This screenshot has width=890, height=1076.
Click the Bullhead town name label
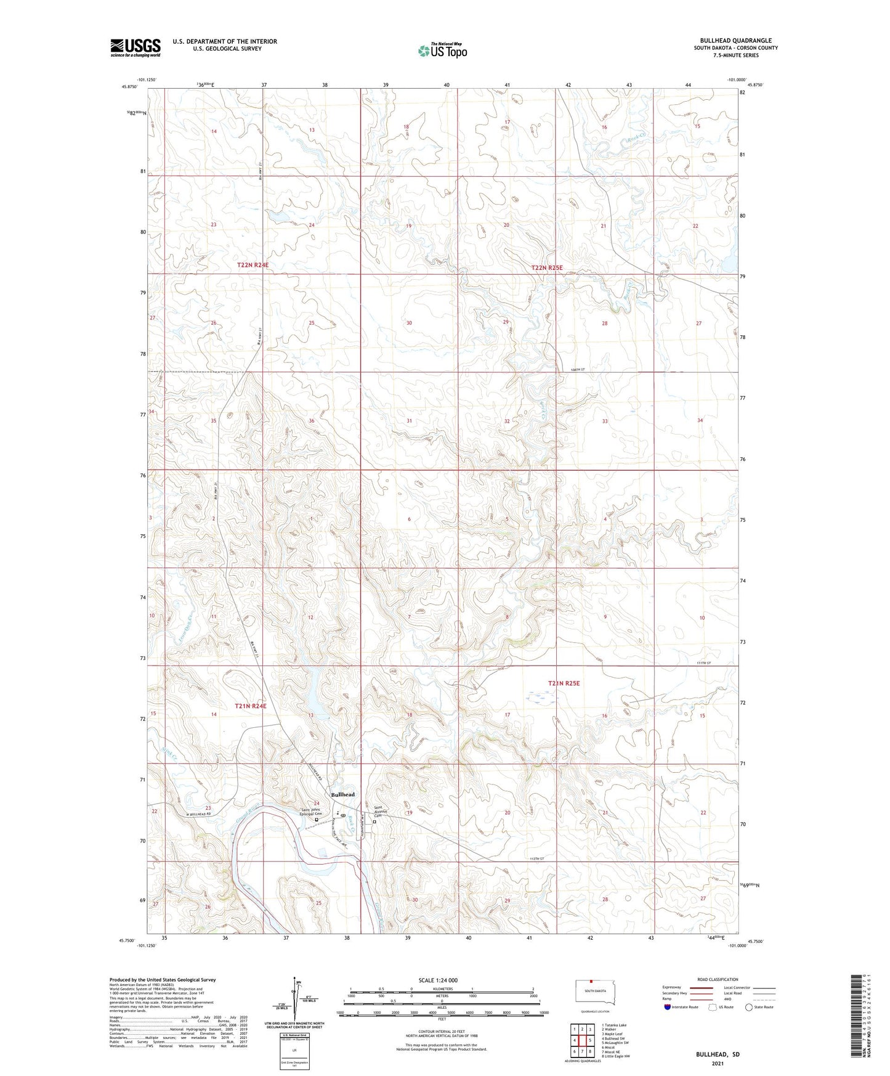coord(342,794)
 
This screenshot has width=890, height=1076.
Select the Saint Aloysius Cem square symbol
coord(374,821)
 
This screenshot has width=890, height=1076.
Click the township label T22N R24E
coord(253,265)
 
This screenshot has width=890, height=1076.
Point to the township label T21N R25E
coord(564,683)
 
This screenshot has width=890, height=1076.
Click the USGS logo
coord(136,47)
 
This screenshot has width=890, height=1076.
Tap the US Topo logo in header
coord(442,51)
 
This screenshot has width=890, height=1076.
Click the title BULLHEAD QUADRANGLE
coord(735,40)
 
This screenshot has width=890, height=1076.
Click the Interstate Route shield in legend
coord(668,1007)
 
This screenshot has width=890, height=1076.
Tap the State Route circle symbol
coord(749,1007)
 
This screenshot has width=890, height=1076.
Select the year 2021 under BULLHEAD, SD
coord(718,1064)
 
